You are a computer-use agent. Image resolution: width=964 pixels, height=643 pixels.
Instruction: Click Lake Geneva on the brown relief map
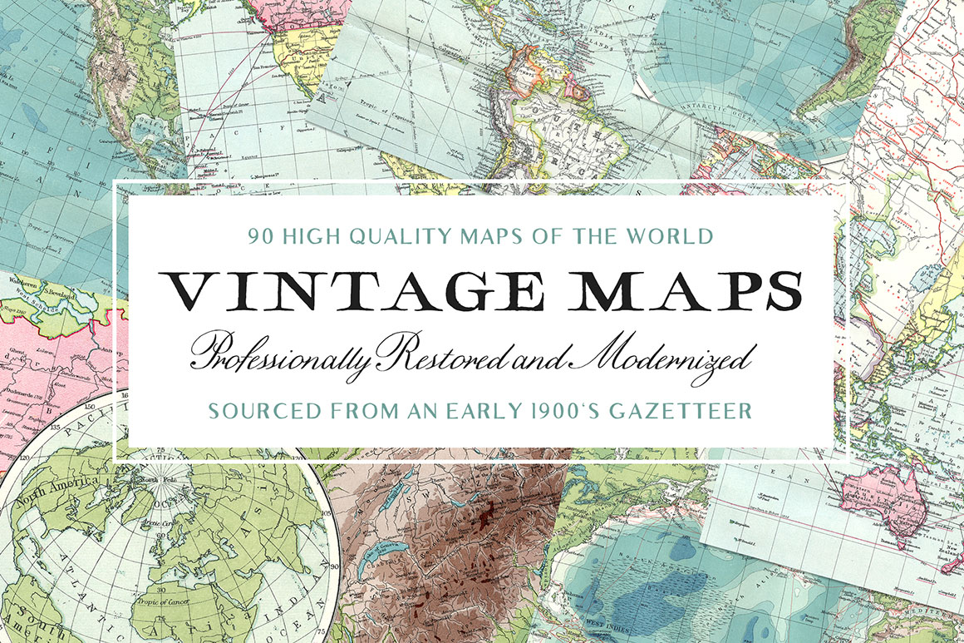[384, 549]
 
